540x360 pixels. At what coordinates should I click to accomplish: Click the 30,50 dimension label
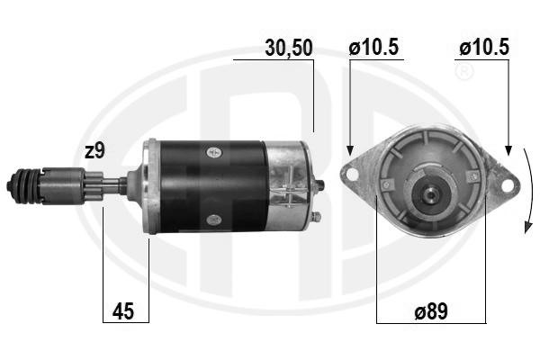(x=289, y=48)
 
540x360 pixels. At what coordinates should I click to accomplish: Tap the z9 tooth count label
(x=94, y=151)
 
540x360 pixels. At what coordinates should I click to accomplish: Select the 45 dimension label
(x=123, y=311)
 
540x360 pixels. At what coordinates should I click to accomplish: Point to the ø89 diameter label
(x=431, y=311)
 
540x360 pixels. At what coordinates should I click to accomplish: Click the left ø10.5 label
(x=373, y=47)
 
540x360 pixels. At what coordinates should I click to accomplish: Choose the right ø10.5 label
(x=484, y=47)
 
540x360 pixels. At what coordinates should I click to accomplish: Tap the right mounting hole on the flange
(x=506, y=185)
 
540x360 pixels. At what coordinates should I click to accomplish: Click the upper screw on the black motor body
(x=214, y=151)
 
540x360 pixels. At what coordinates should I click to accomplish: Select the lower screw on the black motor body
(x=214, y=219)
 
